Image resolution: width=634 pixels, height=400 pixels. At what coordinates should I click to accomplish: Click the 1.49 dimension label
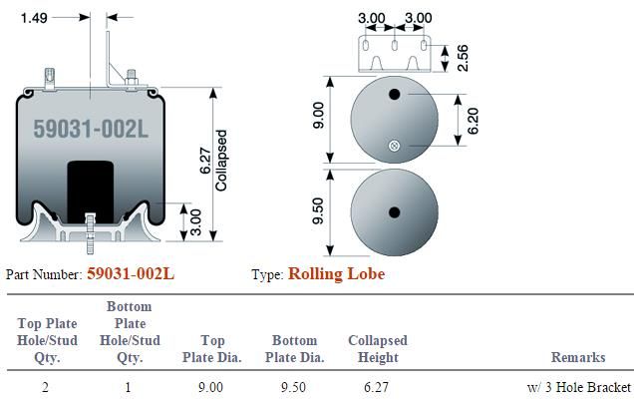tap(34, 18)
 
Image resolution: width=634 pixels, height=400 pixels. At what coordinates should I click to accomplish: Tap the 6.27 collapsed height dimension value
tap(205, 161)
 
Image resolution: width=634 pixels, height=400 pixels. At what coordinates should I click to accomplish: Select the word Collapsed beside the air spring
tap(220, 161)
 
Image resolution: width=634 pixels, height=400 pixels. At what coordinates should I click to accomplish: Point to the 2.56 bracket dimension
tap(463, 58)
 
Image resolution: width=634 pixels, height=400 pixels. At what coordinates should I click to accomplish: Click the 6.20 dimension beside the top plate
tap(473, 121)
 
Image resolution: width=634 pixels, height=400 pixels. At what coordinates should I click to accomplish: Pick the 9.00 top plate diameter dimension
tap(318, 116)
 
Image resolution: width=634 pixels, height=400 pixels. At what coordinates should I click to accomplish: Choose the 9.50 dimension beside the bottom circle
tap(318, 210)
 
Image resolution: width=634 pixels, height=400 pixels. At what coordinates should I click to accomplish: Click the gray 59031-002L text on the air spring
tap(91, 129)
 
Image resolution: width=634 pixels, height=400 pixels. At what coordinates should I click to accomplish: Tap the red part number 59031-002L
tap(131, 273)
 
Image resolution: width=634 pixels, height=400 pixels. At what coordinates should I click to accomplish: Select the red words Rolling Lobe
tap(336, 273)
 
